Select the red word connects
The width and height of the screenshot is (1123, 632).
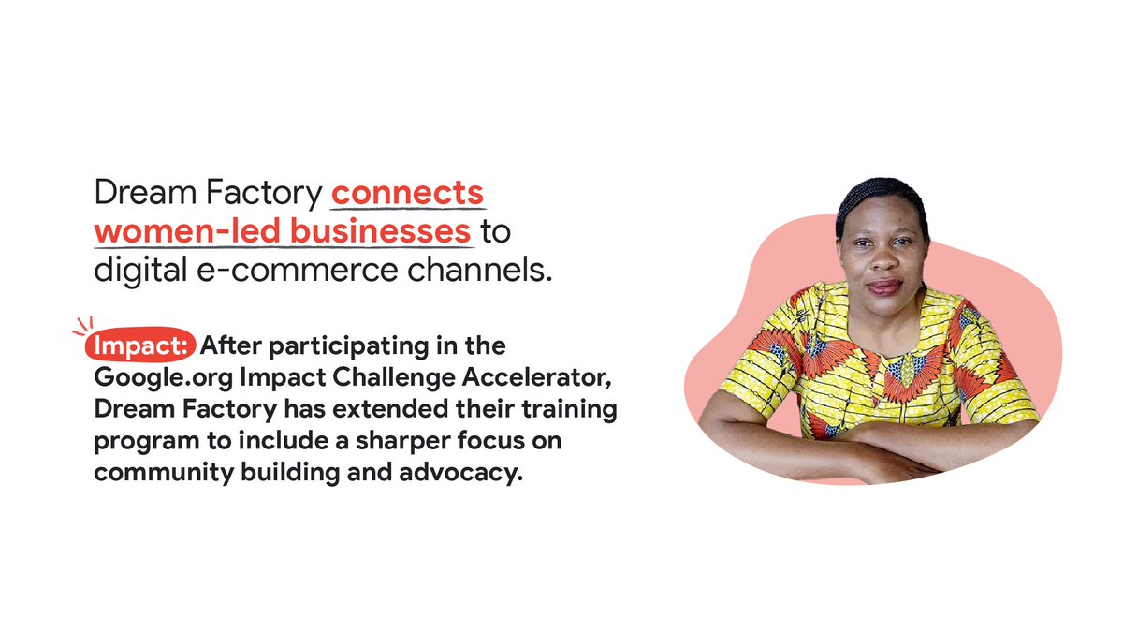coord(407,194)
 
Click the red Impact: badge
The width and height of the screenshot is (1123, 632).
coord(140,345)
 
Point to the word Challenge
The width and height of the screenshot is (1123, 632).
coord(377,378)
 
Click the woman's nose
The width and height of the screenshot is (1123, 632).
coord(881,261)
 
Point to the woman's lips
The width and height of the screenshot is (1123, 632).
coord(882,287)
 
